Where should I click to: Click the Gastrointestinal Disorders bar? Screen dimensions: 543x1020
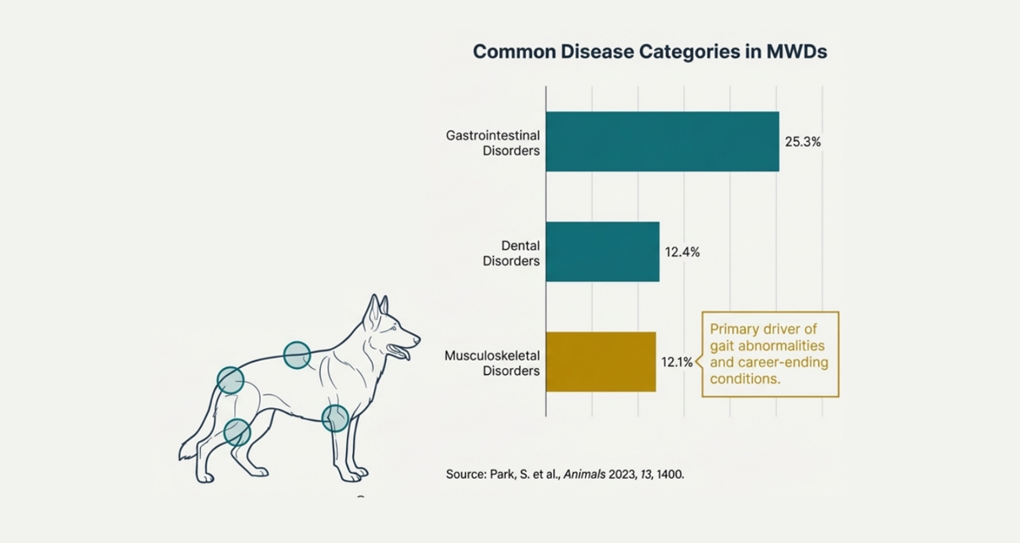(x=662, y=141)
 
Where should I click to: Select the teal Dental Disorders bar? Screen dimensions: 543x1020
(x=602, y=252)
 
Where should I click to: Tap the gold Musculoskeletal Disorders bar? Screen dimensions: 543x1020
(x=600, y=361)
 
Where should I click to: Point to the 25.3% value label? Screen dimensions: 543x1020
(x=802, y=142)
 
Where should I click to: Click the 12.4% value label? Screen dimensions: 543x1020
(x=682, y=252)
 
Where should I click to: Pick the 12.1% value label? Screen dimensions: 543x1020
(x=677, y=362)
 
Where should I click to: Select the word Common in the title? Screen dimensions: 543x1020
(x=514, y=52)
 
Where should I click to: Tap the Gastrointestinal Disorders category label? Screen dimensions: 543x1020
(x=492, y=143)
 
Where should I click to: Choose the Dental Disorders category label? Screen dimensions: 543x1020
(x=511, y=253)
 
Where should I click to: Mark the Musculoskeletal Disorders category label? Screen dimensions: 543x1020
(x=491, y=363)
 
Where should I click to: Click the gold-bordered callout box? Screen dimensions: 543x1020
(x=770, y=354)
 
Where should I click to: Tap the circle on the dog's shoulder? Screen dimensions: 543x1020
(x=296, y=356)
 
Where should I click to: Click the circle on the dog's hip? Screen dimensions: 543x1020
(x=231, y=380)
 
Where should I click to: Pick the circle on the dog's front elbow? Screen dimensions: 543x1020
(x=335, y=418)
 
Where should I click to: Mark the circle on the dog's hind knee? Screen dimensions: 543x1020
(x=237, y=432)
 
